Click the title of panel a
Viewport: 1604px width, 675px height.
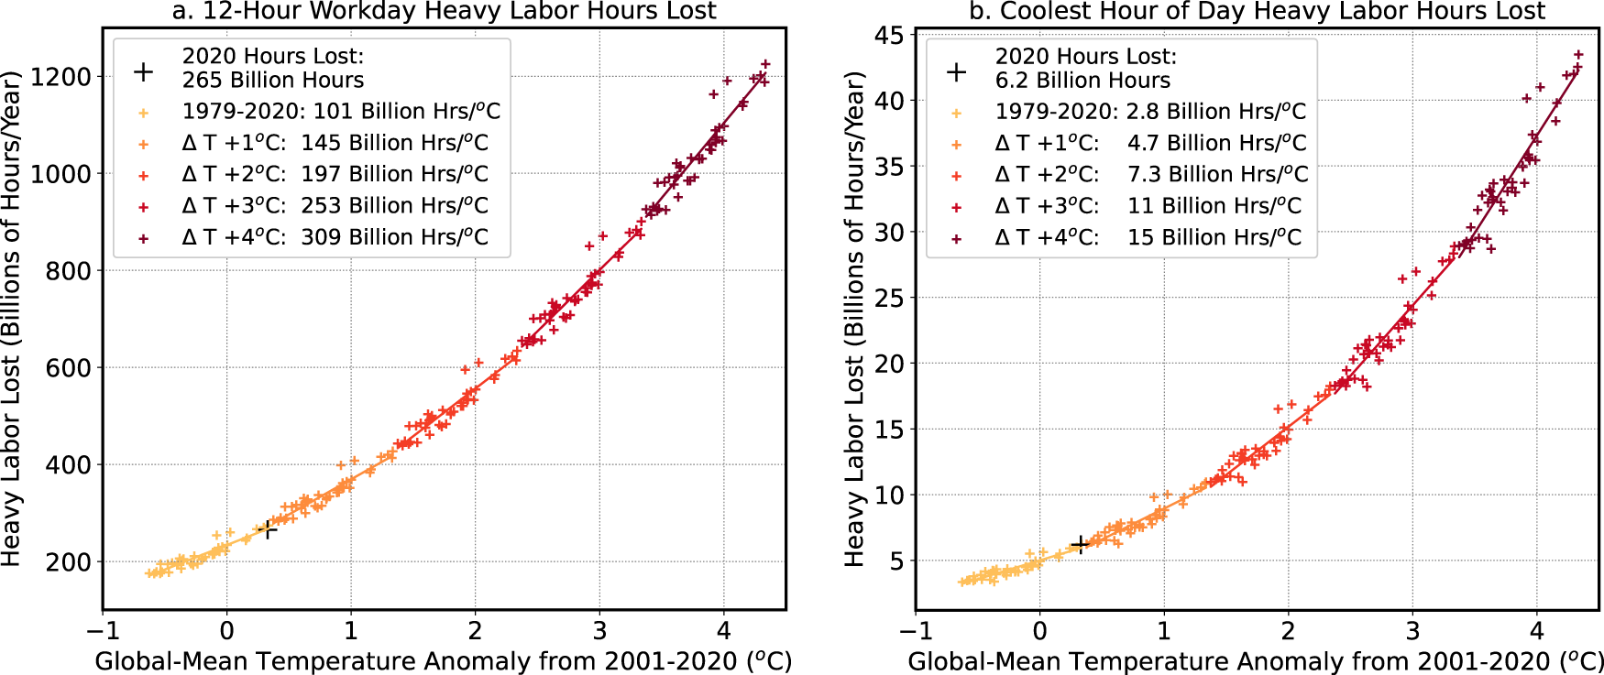tap(444, 11)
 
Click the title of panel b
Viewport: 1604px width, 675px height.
tap(1258, 11)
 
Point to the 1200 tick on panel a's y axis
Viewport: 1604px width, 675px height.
tap(61, 77)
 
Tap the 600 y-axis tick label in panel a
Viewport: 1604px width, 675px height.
tap(69, 368)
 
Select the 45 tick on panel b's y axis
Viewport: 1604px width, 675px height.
tap(888, 36)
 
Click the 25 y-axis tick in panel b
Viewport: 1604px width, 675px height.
tap(888, 299)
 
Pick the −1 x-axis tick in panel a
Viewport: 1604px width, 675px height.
tap(103, 631)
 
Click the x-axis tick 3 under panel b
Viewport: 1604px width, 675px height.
tap(1412, 631)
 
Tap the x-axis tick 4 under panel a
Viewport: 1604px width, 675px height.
tap(723, 631)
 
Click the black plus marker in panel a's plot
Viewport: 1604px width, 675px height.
tap(268, 529)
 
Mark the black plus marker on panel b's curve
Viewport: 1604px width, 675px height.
tap(1080, 544)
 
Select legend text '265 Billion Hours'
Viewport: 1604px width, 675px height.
tap(272, 81)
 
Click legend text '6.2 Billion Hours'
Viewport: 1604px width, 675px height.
tap(1082, 81)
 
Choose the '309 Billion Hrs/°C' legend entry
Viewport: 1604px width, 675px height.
tap(394, 237)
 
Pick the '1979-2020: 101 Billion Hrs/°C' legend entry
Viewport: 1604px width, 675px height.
tap(341, 112)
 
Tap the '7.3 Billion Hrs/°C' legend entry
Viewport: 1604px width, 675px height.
tap(1216, 174)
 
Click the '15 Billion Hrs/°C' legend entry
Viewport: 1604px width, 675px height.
tap(1214, 237)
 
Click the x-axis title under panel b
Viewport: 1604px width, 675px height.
tap(1254, 661)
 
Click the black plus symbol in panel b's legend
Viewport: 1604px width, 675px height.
tap(956, 72)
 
